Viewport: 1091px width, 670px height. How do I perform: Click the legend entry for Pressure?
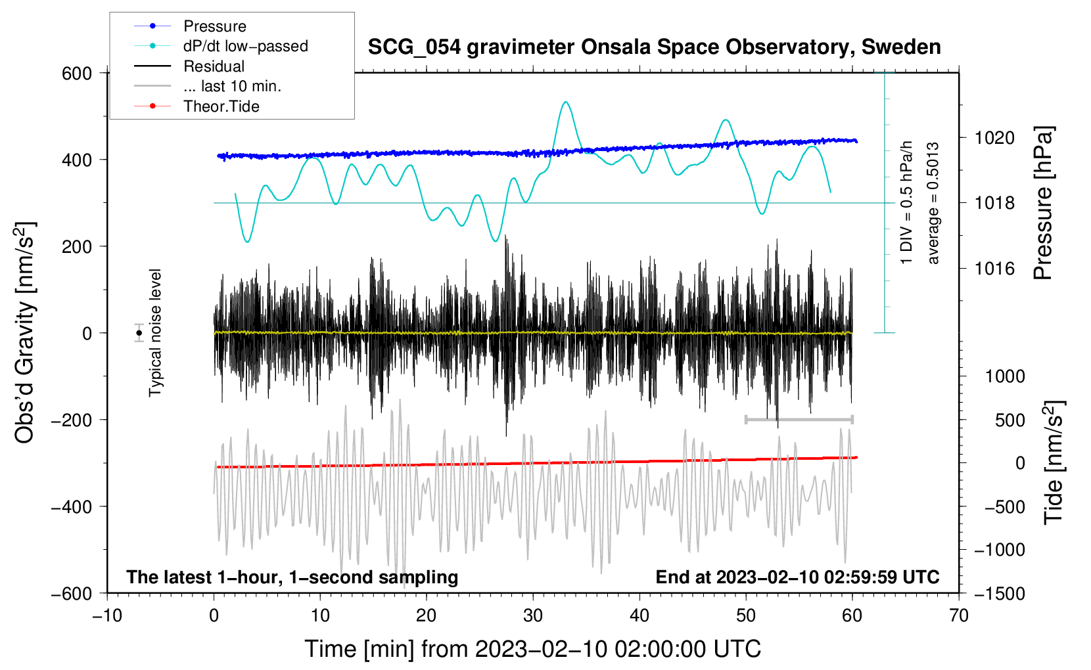tap(191, 26)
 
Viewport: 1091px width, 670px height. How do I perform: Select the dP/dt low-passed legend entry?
tap(221, 46)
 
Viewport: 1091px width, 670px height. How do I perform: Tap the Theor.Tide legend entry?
tap(197, 106)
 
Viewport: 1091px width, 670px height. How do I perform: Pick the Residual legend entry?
tap(189, 66)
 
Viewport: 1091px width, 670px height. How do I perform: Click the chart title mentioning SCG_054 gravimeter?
tap(654, 47)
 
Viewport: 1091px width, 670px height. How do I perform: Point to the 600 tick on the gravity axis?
tap(77, 74)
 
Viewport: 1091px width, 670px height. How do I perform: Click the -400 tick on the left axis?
tap(72, 507)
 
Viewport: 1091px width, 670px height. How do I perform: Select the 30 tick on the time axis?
tap(533, 616)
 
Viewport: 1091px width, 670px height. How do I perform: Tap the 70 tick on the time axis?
tap(958, 616)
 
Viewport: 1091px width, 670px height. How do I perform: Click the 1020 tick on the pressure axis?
tap(994, 138)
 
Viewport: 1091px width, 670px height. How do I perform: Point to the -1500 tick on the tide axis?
tap(1000, 594)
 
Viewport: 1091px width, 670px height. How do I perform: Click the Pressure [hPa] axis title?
tap(1043, 203)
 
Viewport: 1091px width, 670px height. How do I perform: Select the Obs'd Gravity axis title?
tap(24, 332)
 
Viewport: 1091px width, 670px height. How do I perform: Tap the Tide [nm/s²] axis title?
tap(1054, 462)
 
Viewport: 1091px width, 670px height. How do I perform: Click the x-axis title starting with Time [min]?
tap(533, 649)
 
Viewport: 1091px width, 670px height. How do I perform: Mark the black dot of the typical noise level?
tap(139, 333)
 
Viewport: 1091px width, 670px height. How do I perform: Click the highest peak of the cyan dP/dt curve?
tap(565, 102)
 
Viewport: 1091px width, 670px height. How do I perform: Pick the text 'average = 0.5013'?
tap(933, 203)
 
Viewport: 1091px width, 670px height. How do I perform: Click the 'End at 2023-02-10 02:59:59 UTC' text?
tap(797, 577)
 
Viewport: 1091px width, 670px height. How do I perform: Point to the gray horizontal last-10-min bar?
tap(799, 419)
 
